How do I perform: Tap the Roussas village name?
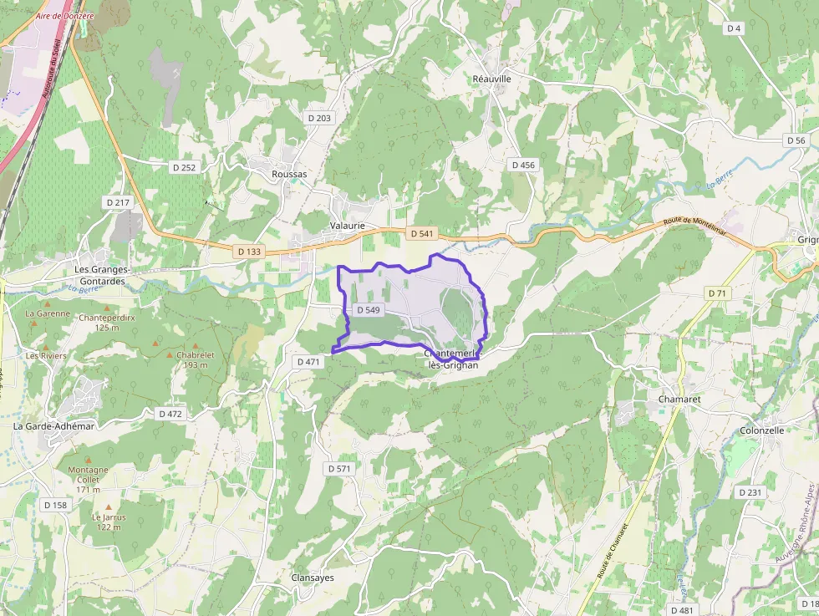click(289, 174)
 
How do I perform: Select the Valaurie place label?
click(348, 226)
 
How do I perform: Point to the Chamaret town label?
click(679, 400)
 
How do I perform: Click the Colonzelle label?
click(761, 430)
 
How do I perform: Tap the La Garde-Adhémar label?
click(54, 425)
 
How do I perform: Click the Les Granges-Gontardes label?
click(100, 275)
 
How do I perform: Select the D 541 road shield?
click(422, 233)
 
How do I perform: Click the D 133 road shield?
click(249, 251)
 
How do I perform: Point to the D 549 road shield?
click(368, 310)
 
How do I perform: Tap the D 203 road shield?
click(319, 118)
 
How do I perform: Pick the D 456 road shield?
click(522, 165)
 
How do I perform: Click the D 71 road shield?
click(717, 293)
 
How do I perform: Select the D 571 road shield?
click(339, 468)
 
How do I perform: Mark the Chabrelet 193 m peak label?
click(192, 359)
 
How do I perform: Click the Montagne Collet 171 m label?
click(88, 479)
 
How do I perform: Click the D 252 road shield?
click(184, 167)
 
